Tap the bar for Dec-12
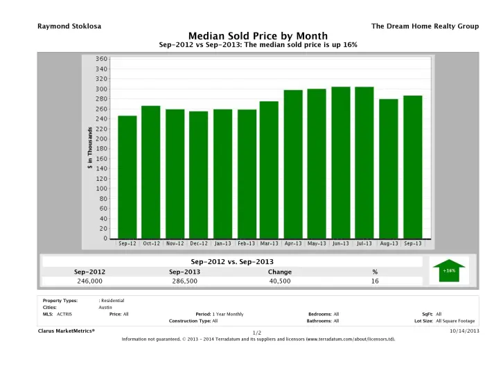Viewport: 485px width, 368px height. click(198, 175)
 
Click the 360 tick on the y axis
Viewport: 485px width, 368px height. click(102, 59)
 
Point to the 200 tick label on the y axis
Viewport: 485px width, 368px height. click(102, 139)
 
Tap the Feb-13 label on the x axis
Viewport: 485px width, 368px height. click(246, 243)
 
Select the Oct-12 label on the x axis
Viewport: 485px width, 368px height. click(151, 243)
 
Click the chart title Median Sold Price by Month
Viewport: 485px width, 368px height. click(258, 35)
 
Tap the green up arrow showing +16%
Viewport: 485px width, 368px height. click(449, 270)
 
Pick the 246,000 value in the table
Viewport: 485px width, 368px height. click(89, 282)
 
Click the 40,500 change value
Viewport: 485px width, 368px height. click(280, 282)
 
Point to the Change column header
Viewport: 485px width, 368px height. click(280, 272)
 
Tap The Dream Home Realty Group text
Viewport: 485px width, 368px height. click(425, 26)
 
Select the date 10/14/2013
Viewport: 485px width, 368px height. click(464, 331)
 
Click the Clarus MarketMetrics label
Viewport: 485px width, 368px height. click(66, 331)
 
